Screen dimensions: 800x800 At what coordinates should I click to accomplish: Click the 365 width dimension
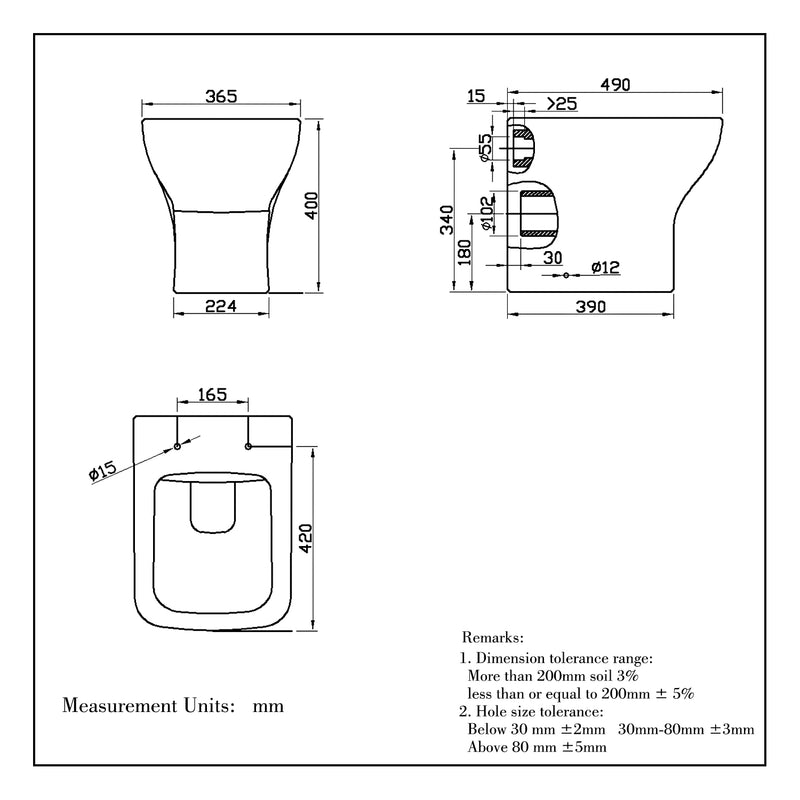point(220,96)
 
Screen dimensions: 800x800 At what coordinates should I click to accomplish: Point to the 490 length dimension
point(616,85)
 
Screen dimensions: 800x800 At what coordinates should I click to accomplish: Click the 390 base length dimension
point(591,307)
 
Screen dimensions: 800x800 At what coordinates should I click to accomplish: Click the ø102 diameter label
point(487,213)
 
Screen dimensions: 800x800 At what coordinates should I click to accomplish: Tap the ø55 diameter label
point(485,147)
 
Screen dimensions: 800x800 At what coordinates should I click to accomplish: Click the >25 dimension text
point(561,104)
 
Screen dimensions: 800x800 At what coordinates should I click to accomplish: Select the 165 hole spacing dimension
point(212,395)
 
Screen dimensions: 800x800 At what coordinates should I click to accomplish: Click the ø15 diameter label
point(104,470)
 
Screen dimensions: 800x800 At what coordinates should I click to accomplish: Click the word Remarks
point(493,637)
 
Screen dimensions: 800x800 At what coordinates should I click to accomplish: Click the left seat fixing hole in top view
point(177,446)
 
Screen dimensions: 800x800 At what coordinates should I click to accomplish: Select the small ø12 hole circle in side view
point(566,274)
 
